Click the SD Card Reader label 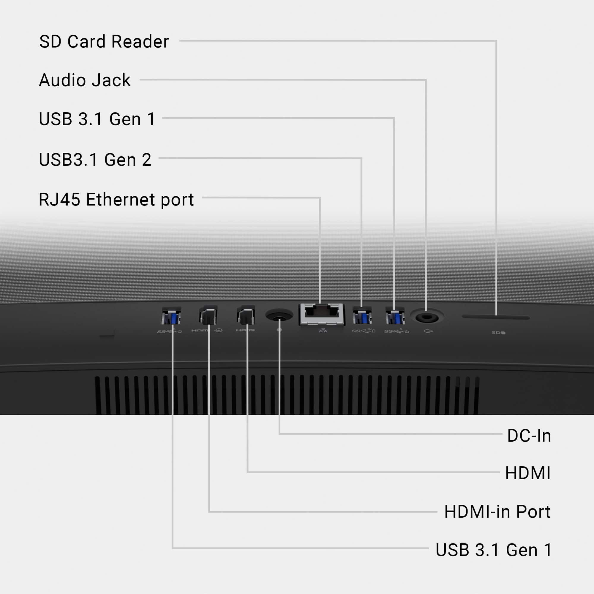[x=104, y=42]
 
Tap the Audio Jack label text [x=85, y=80]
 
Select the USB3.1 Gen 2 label [x=95, y=159]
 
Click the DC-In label [x=529, y=436]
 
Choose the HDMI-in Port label [x=497, y=512]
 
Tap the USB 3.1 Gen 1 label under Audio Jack [x=97, y=119]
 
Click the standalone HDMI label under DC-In [x=527, y=473]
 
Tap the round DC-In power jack [x=279, y=315]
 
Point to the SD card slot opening [x=496, y=317]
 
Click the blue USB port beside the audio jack [x=395, y=316]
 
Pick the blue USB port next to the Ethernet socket [x=362, y=316]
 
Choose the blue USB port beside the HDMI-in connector [x=171, y=316]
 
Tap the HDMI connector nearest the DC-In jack [x=246, y=315]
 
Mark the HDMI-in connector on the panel [x=208, y=315]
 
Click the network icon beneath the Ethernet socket [x=323, y=331]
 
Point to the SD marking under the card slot [x=498, y=333]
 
